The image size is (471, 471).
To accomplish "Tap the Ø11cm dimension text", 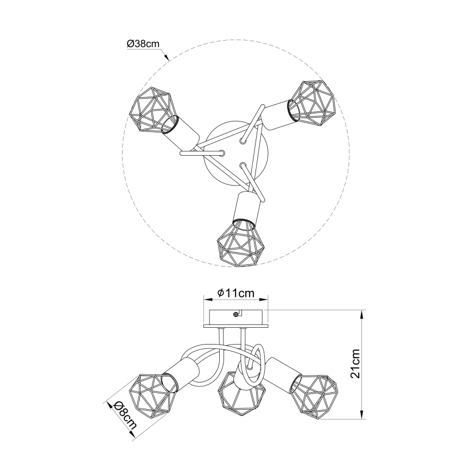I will click(235, 292).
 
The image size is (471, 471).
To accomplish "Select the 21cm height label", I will click(355, 364).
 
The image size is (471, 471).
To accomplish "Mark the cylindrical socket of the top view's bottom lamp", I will click(245, 207).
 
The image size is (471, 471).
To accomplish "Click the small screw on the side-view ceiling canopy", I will click(235, 314).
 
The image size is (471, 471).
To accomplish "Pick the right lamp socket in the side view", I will click(282, 372).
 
